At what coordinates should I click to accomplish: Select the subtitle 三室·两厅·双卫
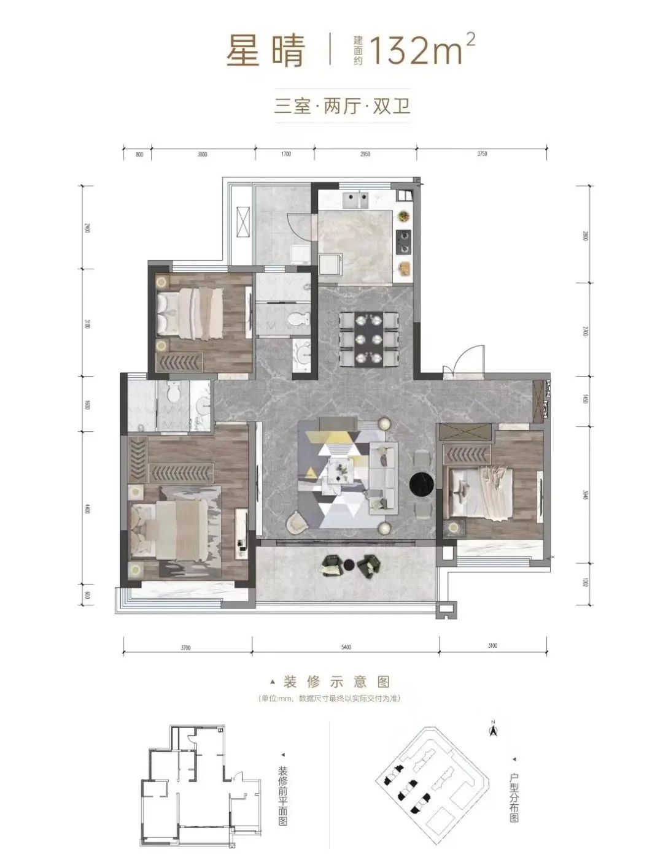[341, 106]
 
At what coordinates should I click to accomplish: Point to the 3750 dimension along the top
[482, 154]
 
